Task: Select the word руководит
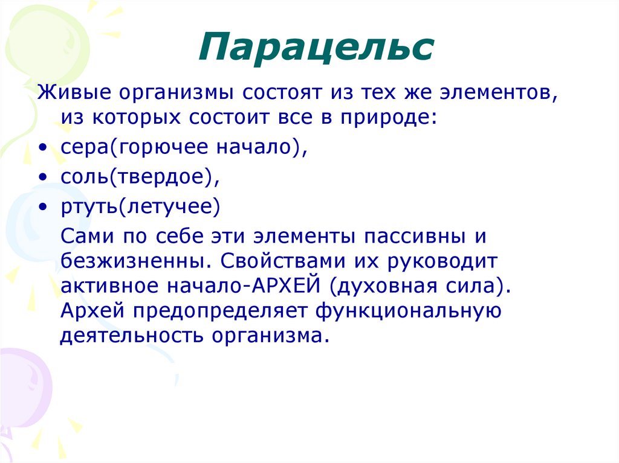click(438, 262)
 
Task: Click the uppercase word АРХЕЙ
click(287, 286)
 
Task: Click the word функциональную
click(409, 310)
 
